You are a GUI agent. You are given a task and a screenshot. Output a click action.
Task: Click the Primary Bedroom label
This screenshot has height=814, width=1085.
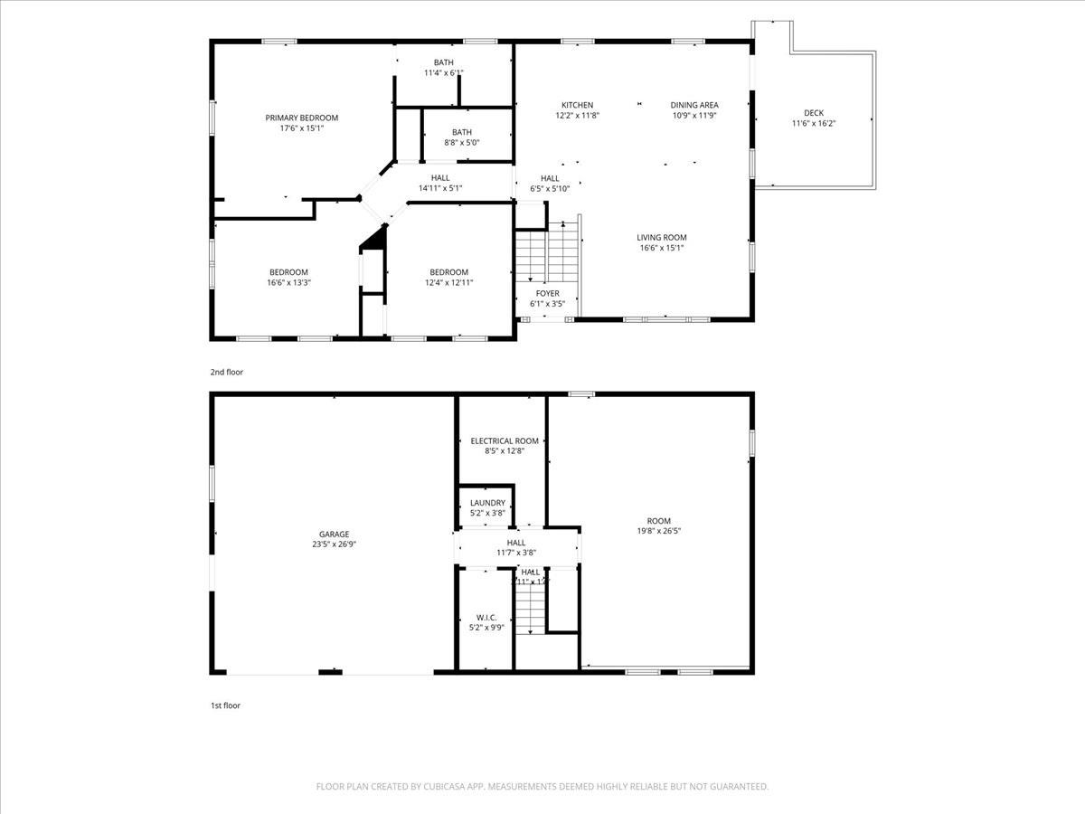click(301, 118)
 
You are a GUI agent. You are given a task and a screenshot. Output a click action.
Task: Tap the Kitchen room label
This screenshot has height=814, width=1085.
click(577, 105)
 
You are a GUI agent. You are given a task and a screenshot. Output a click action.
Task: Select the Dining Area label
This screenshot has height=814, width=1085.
click(694, 105)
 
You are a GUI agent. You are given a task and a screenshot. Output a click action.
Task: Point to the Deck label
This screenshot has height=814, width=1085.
click(814, 113)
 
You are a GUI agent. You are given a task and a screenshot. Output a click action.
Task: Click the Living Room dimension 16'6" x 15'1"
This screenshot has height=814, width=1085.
click(661, 249)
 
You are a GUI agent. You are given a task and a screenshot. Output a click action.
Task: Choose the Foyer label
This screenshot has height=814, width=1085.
click(547, 293)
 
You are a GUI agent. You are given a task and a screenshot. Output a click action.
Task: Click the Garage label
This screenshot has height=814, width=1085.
click(334, 534)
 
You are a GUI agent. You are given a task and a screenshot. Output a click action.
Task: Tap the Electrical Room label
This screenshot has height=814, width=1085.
click(505, 440)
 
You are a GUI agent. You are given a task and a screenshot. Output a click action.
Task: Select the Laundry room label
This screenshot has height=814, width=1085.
click(487, 503)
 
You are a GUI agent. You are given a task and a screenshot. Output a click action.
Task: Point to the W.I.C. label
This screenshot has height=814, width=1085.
click(486, 617)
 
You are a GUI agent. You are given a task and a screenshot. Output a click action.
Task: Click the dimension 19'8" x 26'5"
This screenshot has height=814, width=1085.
click(658, 532)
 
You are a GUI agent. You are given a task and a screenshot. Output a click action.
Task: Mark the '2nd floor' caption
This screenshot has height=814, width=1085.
click(227, 372)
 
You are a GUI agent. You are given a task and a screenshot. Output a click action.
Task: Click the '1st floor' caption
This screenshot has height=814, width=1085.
click(225, 705)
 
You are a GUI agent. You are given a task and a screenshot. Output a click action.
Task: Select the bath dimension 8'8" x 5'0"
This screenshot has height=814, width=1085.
click(462, 143)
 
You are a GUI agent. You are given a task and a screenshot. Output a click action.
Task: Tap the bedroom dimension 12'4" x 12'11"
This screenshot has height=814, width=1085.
click(449, 283)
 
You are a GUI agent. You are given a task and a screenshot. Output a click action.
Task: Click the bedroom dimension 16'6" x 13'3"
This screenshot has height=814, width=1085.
click(288, 283)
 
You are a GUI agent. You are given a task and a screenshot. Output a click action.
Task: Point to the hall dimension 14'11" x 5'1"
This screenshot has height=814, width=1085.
click(440, 189)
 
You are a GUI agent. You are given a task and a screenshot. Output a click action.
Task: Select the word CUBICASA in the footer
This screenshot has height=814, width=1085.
click(447, 787)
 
